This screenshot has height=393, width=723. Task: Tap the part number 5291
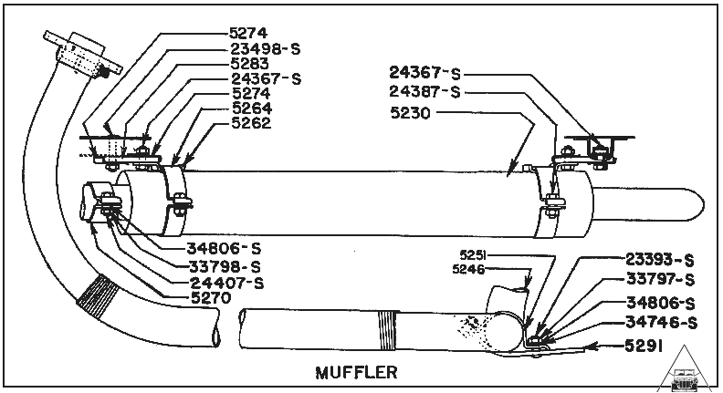click(655, 345)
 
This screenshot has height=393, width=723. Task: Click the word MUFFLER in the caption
click(356, 372)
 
